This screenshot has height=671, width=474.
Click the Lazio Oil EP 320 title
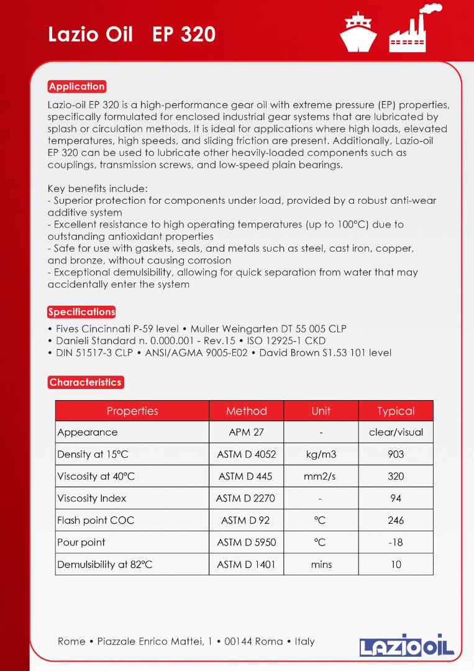pyautogui.click(x=132, y=34)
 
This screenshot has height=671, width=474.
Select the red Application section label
pyautogui.click(x=77, y=86)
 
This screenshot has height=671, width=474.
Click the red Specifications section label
pyautogui.click(x=81, y=312)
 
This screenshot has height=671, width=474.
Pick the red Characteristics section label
pyautogui.click(x=86, y=382)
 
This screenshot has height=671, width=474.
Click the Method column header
pyautogui.click(x=247, y=411)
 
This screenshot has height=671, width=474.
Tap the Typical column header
pyautogui.click(x=396, y=411)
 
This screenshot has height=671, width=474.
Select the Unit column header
pyautogui.click(x=321, y=411)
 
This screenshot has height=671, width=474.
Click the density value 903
pyautogui.click(x=396, y=454)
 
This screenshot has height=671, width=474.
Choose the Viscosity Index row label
pyautogui.click(x=91, y=498)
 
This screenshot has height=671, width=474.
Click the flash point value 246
pyautogui.click(x=396, y=520)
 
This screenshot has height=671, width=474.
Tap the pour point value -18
pyautogui.click(x=396, y=542)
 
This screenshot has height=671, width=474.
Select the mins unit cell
pyautogui.click(x=321, y=565)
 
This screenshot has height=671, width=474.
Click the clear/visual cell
pyautogui.click(x=396, y=432)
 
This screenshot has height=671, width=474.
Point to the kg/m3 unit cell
pyautogui.click(x=321, y=454)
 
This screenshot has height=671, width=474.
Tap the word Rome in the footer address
pyautogui.click(x=71, y=641)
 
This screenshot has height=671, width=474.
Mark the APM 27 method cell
pyautogui.click(x=246, y=432)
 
